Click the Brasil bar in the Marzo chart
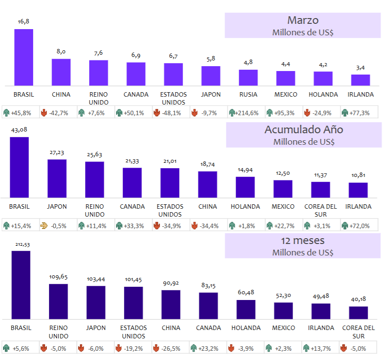[x=24, y=57]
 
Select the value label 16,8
[x=23, y=22]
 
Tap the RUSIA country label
[x=248, y=94]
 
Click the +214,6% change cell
[x=247, y=113]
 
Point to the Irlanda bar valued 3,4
[x=361, y=80]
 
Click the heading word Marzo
[x=303, y=20]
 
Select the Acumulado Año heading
[x=304, y=129]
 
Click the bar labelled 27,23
[x=57, y=178]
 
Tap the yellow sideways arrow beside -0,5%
[x=44, y=225]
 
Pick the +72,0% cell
[x=359, y=225]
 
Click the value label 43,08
[x=19, y=130]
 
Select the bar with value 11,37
[x=320, y=190]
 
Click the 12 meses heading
[x=303, y=240]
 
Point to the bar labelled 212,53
[x=21, y=285]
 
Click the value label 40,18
[x=358, y=299]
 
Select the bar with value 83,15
[x=208, y=306]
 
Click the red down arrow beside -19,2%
[x=119, y=348]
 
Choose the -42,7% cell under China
[x=58, y=113]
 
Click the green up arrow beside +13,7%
[x=306, y=348]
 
